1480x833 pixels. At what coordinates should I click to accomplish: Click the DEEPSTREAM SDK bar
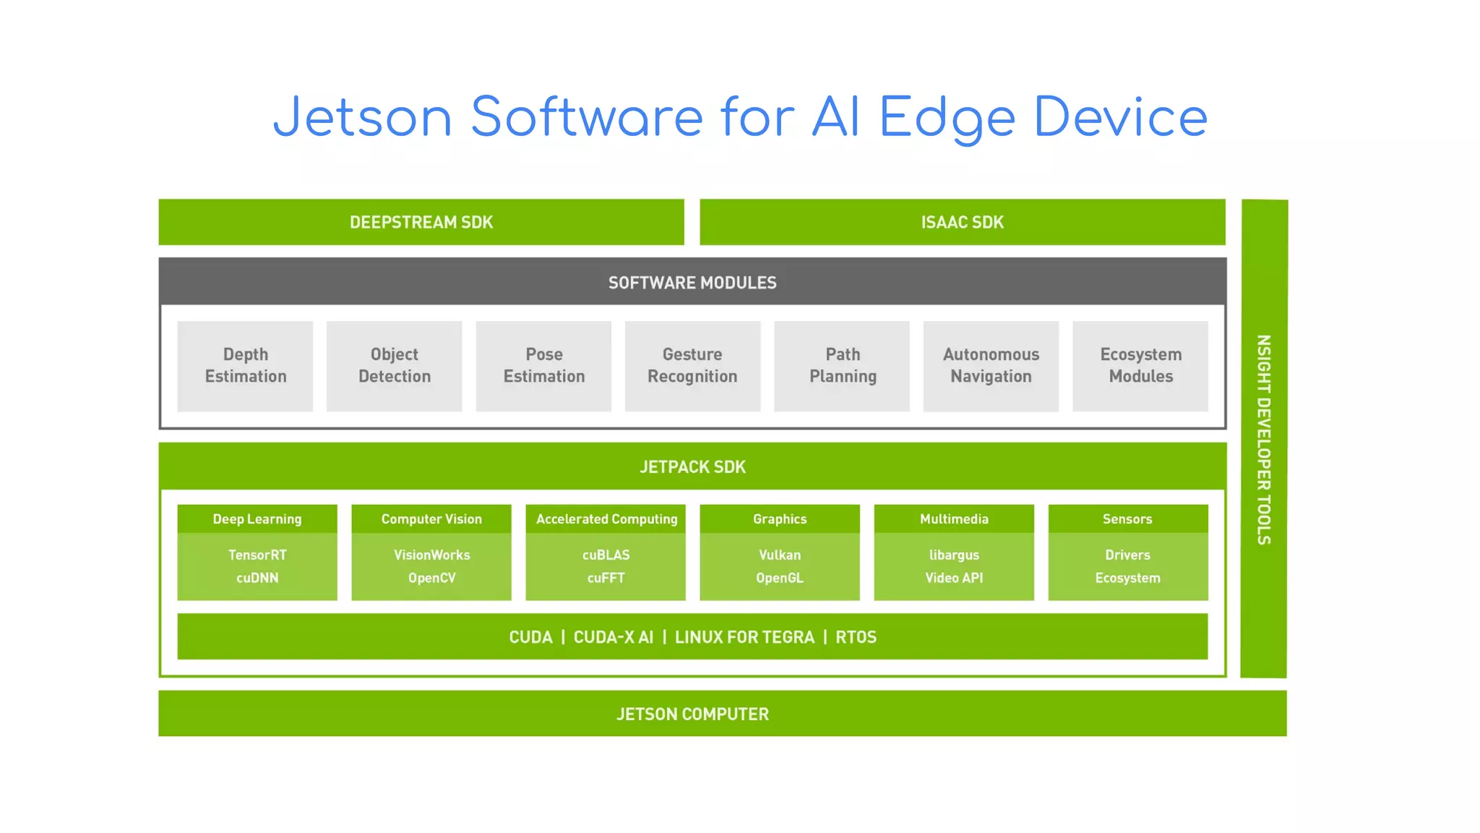(421, 222)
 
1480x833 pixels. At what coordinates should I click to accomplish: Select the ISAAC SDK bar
(962, 222)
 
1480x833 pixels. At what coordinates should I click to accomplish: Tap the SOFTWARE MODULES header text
(692, 283)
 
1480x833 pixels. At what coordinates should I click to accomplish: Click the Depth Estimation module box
(245, 366)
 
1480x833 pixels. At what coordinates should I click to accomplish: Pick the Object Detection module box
(395, 366)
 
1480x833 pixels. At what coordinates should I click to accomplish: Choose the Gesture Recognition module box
(692, 366)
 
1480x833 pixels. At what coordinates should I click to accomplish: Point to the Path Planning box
(842, 366)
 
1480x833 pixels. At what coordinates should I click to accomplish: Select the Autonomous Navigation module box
(991, 366)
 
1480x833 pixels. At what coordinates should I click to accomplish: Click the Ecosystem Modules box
(1140, 366)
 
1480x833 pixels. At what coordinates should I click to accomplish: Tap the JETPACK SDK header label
(692, 467)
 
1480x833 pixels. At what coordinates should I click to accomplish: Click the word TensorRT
(257, 555)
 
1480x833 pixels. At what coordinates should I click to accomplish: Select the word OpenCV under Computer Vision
(431, 578)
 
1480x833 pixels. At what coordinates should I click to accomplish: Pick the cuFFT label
(606, 578)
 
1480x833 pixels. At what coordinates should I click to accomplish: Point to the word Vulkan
(780, 555)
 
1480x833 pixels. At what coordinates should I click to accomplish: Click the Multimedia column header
(954, 519)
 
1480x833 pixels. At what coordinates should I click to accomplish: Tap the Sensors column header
(1127, 519)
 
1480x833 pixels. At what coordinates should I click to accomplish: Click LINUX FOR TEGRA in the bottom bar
(744, 637)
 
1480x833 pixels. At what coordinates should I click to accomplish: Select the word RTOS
(856, 637)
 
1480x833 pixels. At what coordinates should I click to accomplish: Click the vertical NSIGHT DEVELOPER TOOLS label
(1263, 439)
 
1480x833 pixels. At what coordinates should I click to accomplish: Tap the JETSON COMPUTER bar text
(692, 714)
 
